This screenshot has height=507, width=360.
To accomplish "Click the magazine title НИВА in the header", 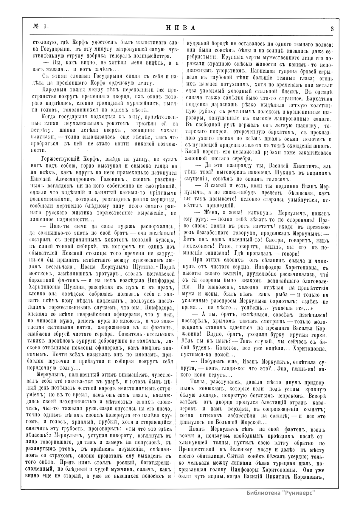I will pyautogui.click(x=180, y=28).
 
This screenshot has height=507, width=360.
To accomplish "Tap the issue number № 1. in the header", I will pyautogui.click(x=41, y=27).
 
